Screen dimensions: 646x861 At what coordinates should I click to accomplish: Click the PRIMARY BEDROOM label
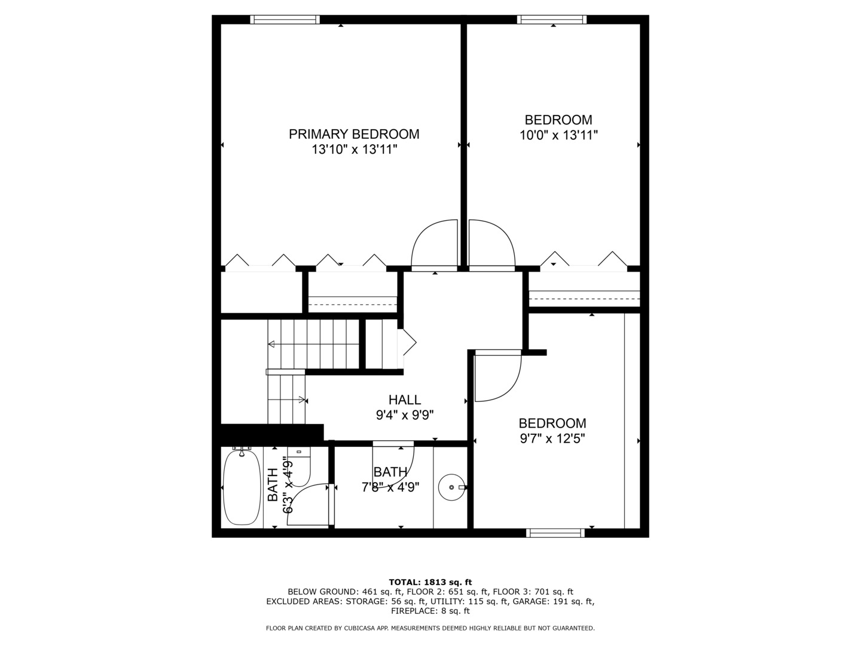click(354, 134)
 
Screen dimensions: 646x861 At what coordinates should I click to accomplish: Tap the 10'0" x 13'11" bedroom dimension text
click(558, 135)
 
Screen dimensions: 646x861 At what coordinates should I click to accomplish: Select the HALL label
click(404, 400)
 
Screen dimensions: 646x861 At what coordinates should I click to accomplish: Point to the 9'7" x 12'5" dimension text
click(552, 438)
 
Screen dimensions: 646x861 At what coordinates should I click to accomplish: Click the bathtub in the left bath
click(242, 487)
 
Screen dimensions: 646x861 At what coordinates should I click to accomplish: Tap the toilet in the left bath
click(300, 467)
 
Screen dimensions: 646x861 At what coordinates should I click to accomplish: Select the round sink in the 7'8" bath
click(451, 487)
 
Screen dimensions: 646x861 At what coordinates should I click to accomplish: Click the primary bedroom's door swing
click(433, 245)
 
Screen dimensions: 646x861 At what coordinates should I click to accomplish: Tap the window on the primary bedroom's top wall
click(285, 20)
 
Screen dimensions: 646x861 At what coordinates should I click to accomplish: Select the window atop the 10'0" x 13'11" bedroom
click(551, 20)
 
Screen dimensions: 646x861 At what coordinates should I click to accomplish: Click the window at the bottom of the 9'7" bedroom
click(555, 533)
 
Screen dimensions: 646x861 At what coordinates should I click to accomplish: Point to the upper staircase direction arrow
click(272, 344)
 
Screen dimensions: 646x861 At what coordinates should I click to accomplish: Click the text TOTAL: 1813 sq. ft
click(430, 581)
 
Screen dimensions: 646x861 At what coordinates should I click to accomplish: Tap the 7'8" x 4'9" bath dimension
click(390, 487)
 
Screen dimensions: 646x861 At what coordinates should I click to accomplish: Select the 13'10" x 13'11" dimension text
click(354, 150)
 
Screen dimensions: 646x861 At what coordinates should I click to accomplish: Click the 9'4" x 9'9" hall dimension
click(404, 415)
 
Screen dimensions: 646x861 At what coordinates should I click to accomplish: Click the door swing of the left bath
click(308, 505)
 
